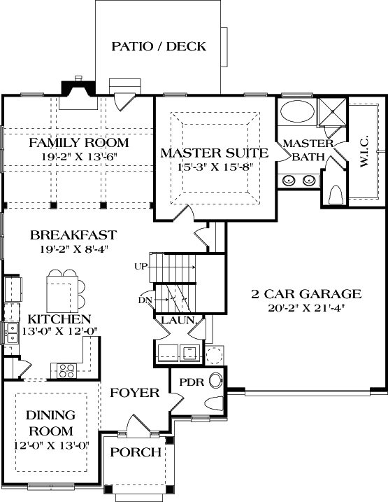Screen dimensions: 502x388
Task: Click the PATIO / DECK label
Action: click(159, 47)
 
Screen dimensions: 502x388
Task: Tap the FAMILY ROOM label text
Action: click(78, 143)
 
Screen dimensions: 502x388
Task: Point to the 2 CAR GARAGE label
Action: click(306, 294)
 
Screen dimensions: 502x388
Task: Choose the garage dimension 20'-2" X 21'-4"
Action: click(306, 307)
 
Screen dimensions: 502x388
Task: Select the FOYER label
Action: click(134, 393)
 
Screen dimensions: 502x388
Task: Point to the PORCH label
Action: click(136, 452)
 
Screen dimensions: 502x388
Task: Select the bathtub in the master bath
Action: click(296, 112)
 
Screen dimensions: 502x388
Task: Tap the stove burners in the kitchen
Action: click(67, 368)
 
